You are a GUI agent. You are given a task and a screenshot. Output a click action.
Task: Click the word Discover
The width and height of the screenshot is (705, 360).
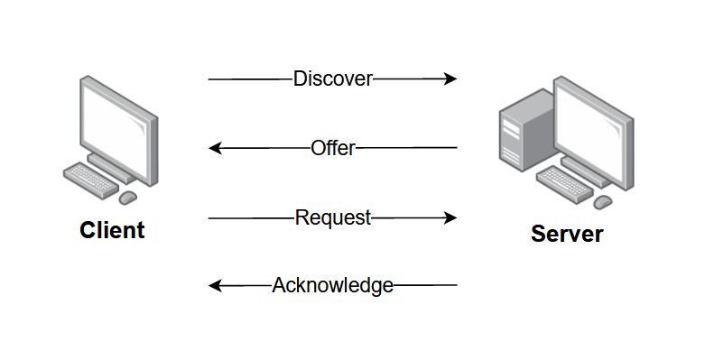(333, 79)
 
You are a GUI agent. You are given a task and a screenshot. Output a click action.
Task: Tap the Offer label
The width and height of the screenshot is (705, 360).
(333, 148)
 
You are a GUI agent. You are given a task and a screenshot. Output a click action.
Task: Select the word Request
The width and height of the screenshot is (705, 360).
(333, 218)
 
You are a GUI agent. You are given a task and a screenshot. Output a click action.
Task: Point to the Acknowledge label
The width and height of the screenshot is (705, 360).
(333, 285)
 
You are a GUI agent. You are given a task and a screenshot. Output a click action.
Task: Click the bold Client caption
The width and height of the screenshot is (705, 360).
(113, 230)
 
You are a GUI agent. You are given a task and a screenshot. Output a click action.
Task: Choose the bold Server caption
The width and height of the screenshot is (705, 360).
(567, 234)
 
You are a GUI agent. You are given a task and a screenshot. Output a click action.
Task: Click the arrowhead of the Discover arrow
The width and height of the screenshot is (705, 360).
(450, 79)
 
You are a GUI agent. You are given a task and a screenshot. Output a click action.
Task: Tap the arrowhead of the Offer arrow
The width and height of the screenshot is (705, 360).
(216, 148)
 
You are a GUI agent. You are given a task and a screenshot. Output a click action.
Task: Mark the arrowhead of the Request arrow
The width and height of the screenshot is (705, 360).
(450, 218)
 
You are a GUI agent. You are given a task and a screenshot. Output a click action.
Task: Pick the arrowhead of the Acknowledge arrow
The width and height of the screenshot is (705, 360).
(216, 285)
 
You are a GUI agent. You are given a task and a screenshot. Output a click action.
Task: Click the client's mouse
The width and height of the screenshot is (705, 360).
(127, 198)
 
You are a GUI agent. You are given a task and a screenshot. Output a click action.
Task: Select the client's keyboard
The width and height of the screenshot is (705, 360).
(91, 180)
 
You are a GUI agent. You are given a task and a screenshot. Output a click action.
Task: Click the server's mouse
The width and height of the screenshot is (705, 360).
(602, 202)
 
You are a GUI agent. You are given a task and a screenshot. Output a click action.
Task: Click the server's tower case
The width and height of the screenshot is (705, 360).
(527, 130)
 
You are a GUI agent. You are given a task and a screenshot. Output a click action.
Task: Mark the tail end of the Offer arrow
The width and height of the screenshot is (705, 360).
(457, 147)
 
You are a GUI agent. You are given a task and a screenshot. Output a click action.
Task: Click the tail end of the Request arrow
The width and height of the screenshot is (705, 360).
(209, 218)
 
